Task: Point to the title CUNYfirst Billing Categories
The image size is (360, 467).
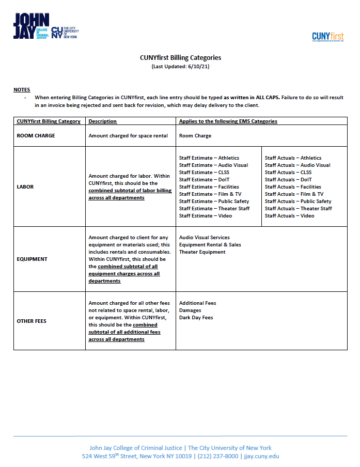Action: tap(180, 58)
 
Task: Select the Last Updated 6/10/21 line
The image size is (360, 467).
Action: tap(180, 67)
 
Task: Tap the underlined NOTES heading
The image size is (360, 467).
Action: tap(22, 90)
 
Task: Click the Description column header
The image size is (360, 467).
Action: tap(103, 121)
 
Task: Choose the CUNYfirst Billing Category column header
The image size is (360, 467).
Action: tap(49, 121)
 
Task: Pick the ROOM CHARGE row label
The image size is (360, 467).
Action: tap(36, 136)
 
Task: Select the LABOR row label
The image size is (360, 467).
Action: tap(25, 186)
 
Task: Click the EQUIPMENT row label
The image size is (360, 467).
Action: tap(32, 259)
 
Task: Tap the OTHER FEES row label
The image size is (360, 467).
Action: tap(32, 321)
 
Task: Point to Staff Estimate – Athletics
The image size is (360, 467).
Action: tap(209, 158)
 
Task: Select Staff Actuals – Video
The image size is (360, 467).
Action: tap(289, 216)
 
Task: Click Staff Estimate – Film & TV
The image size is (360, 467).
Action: tap(210, 194)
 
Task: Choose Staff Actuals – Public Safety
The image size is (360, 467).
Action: tap(298, 201)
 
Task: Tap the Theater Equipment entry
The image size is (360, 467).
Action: tap(202, 252)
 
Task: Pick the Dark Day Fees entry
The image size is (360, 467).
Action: tap(196, 318)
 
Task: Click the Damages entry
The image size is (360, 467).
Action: tap(190, 310)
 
